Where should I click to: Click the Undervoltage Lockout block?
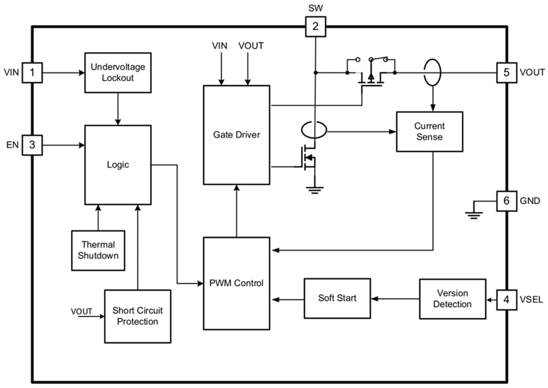[118, 73]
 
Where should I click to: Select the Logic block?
[118, 165]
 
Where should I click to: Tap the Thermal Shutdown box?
[98, 250]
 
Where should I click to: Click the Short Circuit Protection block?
[137, 316]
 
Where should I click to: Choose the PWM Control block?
[237, 283]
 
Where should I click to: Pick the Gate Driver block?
[237, 134]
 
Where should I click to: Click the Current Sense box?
[429, 131]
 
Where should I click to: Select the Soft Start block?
[337, 298]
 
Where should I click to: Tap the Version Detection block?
[452, 298]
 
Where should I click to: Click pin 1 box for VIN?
[32, 73]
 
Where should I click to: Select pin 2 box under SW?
[315, 26]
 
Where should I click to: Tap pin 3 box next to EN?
[32, 145]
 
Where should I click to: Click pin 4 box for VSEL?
[507, 300]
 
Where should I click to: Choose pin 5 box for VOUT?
[507, 73]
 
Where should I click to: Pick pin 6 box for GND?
[507, 201]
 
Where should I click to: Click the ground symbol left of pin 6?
[473, 214]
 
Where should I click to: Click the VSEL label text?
[532, 300]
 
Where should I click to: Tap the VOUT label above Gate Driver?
[251, 46]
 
